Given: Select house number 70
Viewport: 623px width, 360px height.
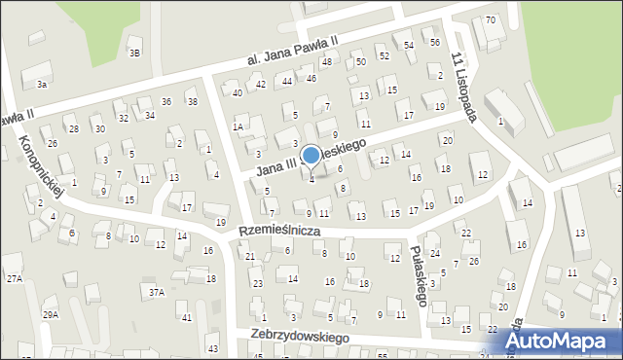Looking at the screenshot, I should [490, 20].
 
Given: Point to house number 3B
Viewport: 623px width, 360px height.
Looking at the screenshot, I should [135, 53].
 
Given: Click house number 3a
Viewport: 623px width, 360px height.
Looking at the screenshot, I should [42, 85].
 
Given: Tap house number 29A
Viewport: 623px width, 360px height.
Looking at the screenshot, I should [51, 315].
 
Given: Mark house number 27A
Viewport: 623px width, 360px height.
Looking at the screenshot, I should [15, 279].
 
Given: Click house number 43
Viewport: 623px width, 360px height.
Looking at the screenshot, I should [212, 348].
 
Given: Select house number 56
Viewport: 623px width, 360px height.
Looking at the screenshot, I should [435, 42].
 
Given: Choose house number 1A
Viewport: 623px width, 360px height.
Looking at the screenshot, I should [237, 126].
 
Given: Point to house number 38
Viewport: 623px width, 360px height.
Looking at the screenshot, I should [192, 102].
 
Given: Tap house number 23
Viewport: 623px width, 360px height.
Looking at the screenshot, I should [258, 283].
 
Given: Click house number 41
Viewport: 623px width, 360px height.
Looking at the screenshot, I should [187, 318].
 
